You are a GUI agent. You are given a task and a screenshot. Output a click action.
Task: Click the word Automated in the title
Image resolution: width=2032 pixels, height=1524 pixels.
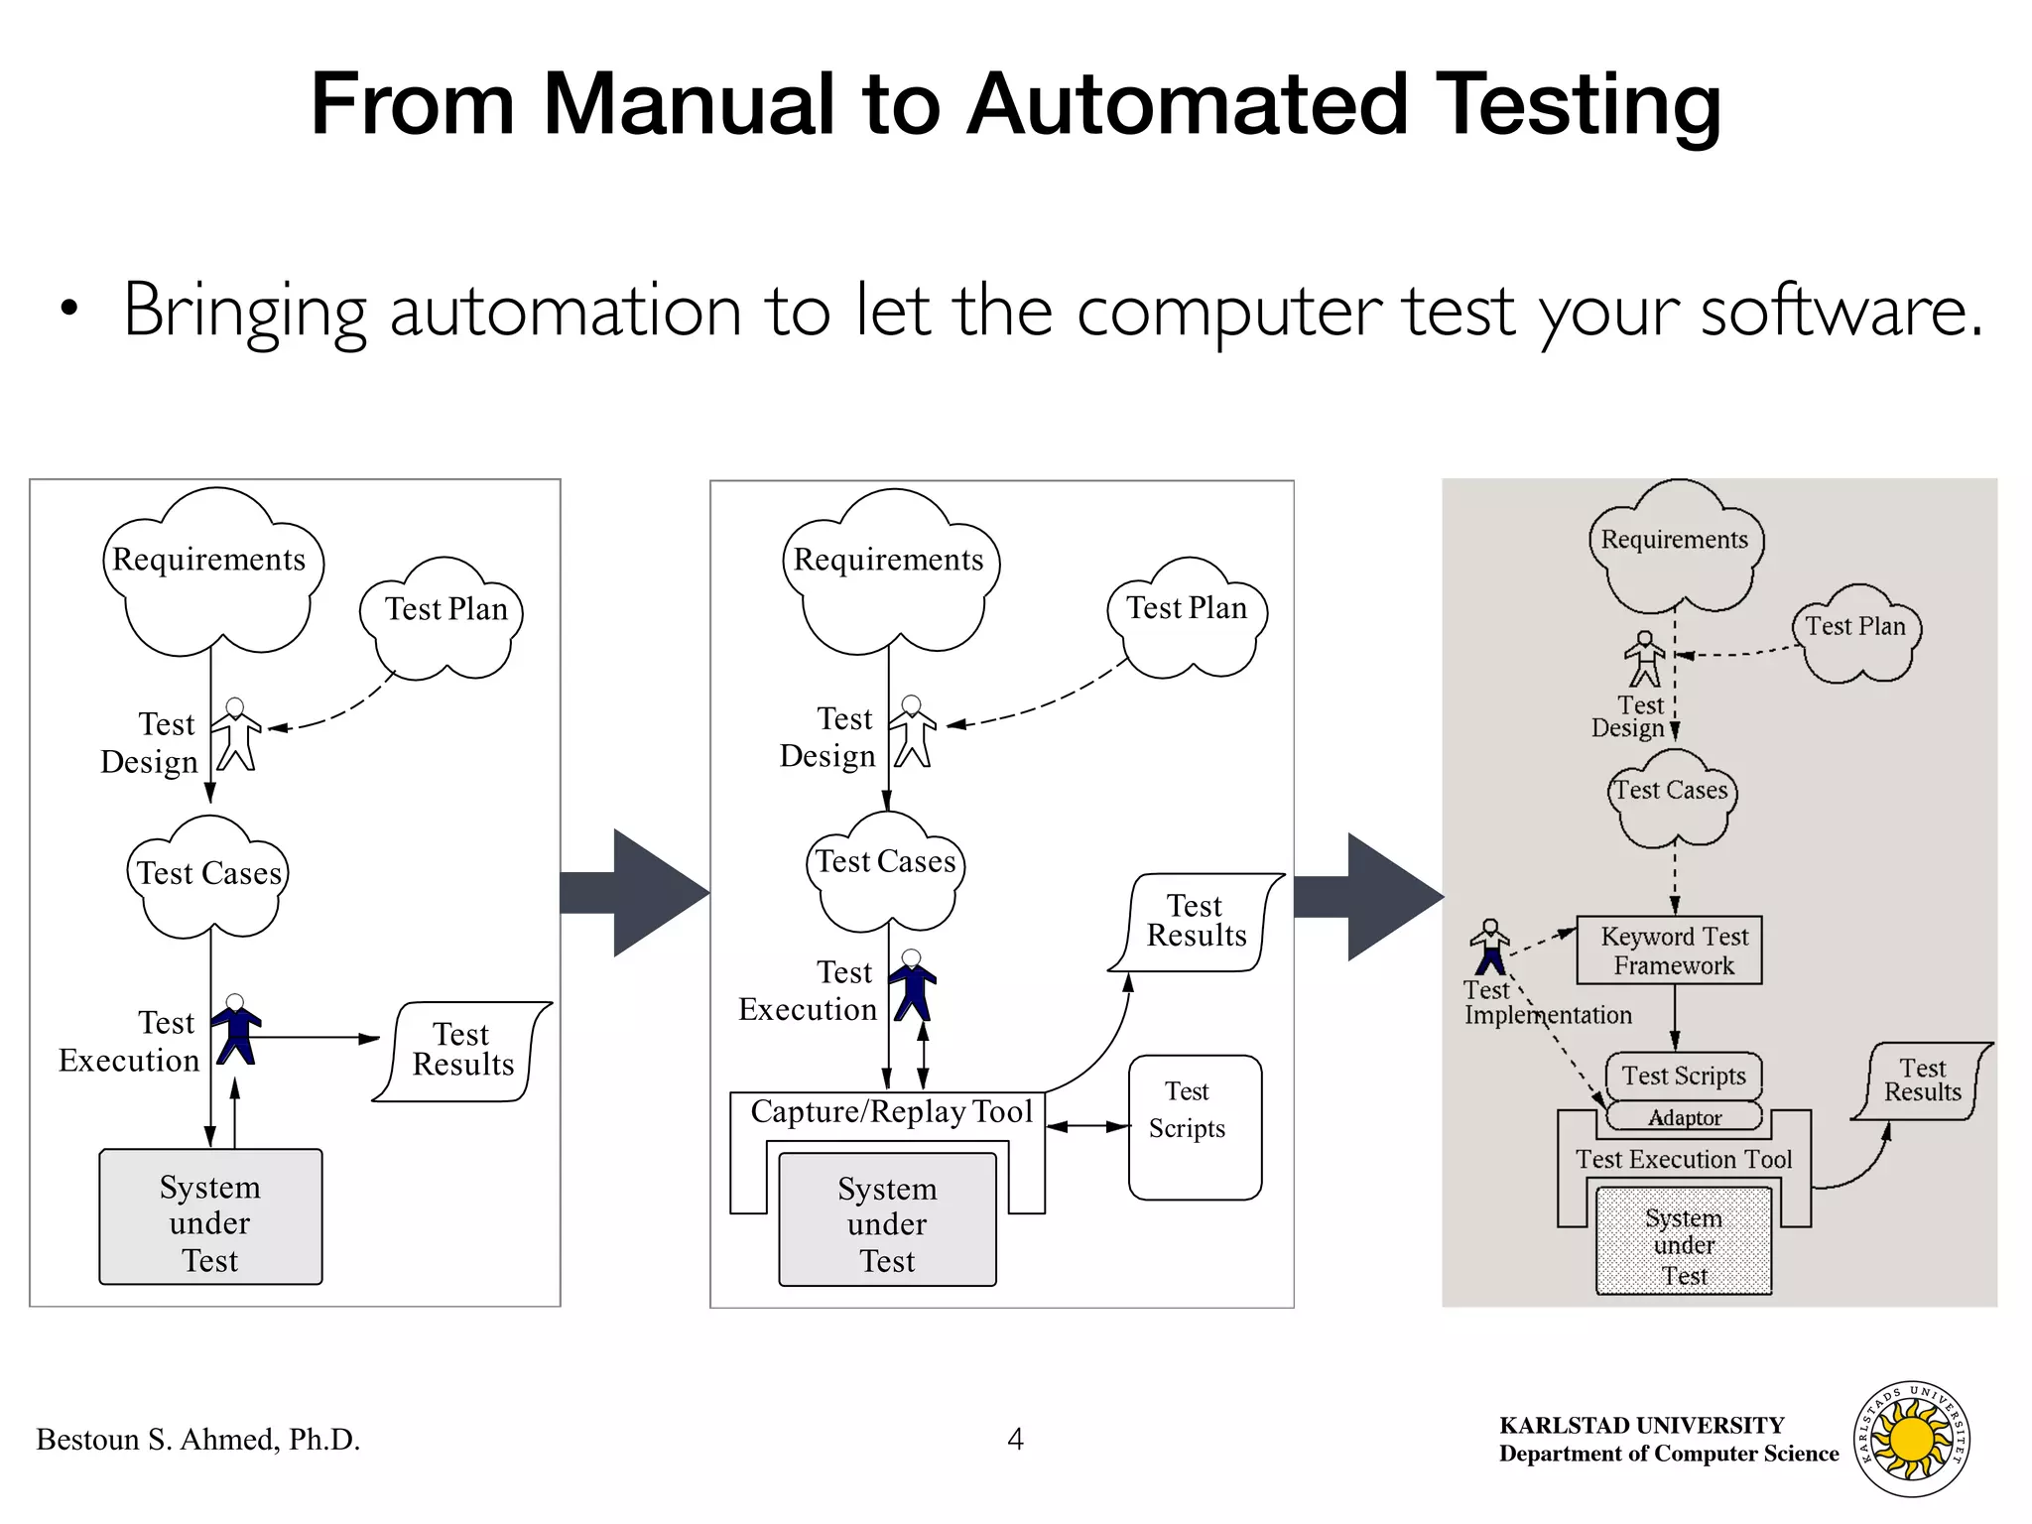click(x=1187, y=104)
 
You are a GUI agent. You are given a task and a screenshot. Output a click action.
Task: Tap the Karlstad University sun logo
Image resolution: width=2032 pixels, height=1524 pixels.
click(x=1912, y=1440)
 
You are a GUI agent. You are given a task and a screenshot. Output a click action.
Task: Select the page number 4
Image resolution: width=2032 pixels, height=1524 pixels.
click(x=1015, y=1439)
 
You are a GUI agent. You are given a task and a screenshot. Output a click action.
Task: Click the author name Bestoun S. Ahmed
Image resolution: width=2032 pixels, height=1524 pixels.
click(x=197, y=1440)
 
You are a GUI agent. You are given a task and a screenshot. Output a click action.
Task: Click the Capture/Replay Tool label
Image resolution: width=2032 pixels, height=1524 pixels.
click(x=891, y=1111)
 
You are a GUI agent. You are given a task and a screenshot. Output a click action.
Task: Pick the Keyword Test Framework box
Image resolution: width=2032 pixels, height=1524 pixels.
click(x=1674, y=951)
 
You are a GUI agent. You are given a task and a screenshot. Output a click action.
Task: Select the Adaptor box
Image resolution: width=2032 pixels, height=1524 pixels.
click(x=1684, y=1117)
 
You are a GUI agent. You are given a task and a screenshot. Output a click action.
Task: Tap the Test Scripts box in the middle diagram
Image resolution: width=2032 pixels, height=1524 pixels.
click(x=1195, y=1126)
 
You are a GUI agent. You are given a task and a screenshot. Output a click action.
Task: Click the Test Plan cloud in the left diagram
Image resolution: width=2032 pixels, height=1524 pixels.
click(x=444, y=617)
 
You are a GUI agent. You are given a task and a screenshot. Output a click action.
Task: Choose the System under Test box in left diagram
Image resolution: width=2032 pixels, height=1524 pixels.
click(x=210, y=1217)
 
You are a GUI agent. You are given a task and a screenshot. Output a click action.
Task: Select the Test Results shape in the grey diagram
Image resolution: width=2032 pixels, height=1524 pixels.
click(x=1922, y=1080)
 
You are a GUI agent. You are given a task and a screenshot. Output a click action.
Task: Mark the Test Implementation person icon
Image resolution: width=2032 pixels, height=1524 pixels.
click(x=1489, y=948)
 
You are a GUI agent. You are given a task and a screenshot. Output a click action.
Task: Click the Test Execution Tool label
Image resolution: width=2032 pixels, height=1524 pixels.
click(x=1684, y=1159)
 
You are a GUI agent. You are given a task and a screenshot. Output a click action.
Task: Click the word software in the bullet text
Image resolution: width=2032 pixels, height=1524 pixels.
click(x=1841, y=312)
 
